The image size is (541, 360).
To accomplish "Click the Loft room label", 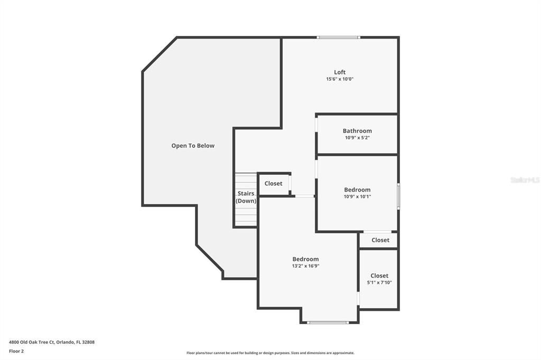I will click(x=340, y=72).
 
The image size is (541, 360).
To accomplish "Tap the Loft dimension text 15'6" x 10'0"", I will click(x=340, y=79).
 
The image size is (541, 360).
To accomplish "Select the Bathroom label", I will click(x=357, y=131).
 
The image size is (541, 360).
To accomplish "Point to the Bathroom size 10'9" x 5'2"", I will click(x=357, y=138).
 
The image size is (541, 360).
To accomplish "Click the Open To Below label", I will click(x=193, y=146).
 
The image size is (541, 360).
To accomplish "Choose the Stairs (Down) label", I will click(x=246, y=197).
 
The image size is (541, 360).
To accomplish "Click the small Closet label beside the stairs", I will click(x=273, y=184).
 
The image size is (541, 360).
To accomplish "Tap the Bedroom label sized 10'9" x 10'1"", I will click(x=357, y=190).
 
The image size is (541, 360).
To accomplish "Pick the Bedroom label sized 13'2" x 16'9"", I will click(x=305, y=259).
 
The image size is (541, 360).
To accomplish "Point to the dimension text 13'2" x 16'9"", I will click(x=305, y=266).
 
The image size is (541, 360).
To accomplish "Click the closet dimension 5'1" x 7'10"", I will click(x=379, y=282).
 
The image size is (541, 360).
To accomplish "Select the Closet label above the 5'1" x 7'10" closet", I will click(x=380, y=240).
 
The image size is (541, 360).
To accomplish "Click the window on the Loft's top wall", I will click(x=338, y=37).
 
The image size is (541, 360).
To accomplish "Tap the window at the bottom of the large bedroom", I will click(x=328, y=322).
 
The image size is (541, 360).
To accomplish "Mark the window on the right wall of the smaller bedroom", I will click(x=398, y=196).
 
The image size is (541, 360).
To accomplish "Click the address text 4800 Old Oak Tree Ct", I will click(x=52, y=342).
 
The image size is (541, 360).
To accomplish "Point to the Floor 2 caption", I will click(x=16, y=350).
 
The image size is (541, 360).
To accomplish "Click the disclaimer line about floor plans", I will click(x=270, y=353).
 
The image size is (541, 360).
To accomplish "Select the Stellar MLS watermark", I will click(x=525, y=180).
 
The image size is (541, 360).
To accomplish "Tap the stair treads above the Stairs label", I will click(x=246, y=180).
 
